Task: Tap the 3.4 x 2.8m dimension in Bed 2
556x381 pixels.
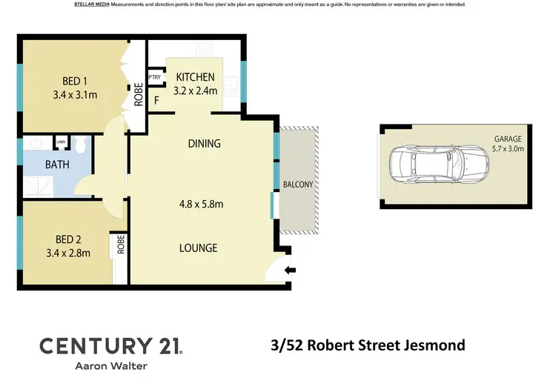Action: pos(67,253)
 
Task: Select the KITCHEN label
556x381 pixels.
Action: pos(195,77)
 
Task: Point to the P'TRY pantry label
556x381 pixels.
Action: pos(155,77)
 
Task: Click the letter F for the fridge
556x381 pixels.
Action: pos(156,101)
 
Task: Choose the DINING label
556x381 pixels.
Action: pos(204,144)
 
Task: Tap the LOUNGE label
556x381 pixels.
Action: pos(197,248)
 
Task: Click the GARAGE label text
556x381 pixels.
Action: pos(509,139)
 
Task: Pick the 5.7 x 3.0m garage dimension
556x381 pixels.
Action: pos(509,148)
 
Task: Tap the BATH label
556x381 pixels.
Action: pos(57,165)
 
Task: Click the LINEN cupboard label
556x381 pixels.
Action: pos(60,142)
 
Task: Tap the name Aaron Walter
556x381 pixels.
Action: pos(110,365)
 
